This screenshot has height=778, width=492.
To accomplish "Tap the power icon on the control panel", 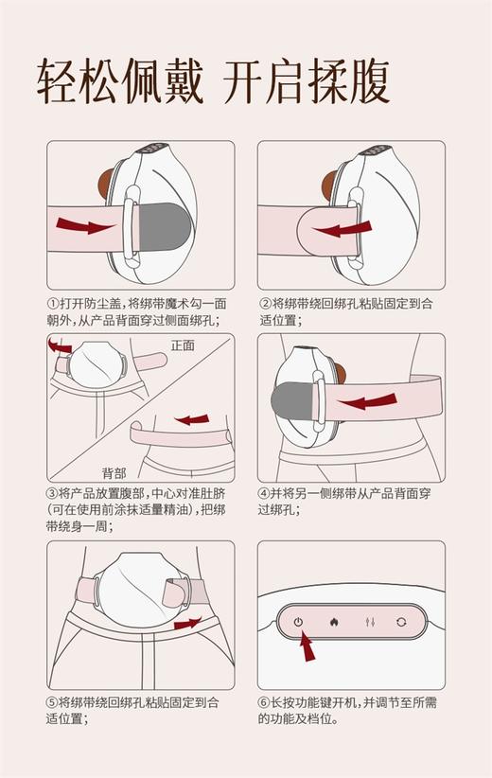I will pyautogui.click(x=298, y=622).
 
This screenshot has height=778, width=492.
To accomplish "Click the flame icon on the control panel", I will pyautogui.click(x=332, y=622).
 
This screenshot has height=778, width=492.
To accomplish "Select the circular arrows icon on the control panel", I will pyautogui.click(x=400, y=622).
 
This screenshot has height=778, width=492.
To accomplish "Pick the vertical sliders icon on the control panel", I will pyautogui.click(x=366, y=622).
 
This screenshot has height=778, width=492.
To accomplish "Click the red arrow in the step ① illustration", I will pyautogui.click(x=80, y=225).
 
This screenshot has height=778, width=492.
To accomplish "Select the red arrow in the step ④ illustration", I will pyautogui.click(x=368, y=403).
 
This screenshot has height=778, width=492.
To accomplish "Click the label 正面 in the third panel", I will pyautogui.click(x=183, y=345).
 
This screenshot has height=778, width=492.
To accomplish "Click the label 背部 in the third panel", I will pyautogui.click(x=114, y=472).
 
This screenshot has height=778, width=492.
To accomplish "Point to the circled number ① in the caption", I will pyautogui.click(x=53, y=304).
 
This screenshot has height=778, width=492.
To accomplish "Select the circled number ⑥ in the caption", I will pyautogui.click(x=264, y=702).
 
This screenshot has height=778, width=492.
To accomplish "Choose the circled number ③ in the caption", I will pyautogui.click(x=53, y=493).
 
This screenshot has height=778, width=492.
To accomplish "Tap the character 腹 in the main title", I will pyautogui.click(x=366, y=83).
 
